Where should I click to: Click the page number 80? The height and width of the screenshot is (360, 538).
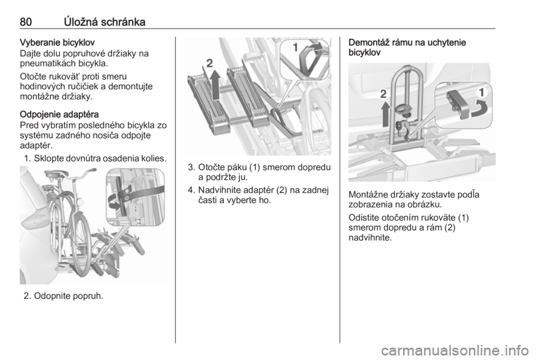[x=26, y=22]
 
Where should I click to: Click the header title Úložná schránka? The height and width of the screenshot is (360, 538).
[x=105, y=22]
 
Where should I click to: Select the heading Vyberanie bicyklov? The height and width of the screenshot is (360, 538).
[x=57, y=43]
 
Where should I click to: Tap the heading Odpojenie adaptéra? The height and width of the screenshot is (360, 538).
[x=59, y=114]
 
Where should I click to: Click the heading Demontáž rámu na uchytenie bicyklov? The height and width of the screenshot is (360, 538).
[x=407, y=48]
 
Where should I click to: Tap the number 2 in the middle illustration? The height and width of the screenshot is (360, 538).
[x=209, y=63]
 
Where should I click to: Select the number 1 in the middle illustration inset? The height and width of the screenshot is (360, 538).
[x=295, y=48]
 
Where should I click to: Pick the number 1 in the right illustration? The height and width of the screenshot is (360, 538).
[x=482, y=93]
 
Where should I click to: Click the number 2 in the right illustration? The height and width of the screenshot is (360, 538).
[x=383, y=94]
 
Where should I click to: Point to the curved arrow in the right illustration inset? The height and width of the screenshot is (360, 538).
[x=479, y=110]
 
